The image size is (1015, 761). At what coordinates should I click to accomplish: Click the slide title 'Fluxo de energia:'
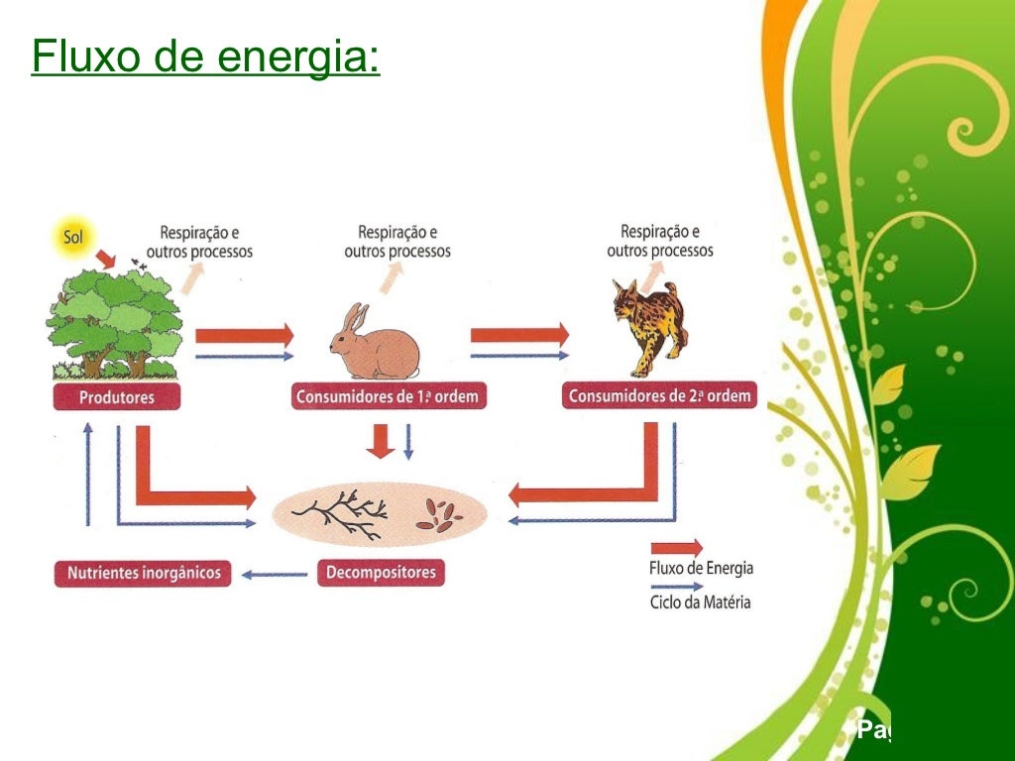(x=205, y=57)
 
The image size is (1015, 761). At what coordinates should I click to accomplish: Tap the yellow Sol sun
(x=73, y=238)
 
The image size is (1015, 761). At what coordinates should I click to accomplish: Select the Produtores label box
(x=118, y=397)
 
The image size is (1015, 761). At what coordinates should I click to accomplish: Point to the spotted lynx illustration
(x=648, y=327)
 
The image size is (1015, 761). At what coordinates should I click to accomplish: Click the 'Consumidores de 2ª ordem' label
(x=659, y=396)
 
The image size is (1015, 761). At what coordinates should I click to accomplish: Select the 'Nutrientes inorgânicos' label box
(x=143, y=573)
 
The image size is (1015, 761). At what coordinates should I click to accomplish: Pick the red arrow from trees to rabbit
(x=244, y=335)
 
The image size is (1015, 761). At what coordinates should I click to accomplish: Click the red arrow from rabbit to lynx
(x=519, y=335)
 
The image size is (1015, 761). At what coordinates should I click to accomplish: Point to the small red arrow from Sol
(x=104, y=259)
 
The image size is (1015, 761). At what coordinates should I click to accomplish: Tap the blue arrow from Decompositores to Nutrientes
(x=275, y=574)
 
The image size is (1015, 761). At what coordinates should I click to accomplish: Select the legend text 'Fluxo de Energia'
(x=701, y=569)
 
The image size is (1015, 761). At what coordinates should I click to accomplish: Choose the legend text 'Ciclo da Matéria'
(x=700, y=601)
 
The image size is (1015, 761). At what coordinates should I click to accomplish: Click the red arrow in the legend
(x=676, y=547)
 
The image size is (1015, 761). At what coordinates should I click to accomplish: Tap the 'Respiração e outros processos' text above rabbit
(x=397, y=242)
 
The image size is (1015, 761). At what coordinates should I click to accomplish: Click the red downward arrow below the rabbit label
(x=380, y=441)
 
